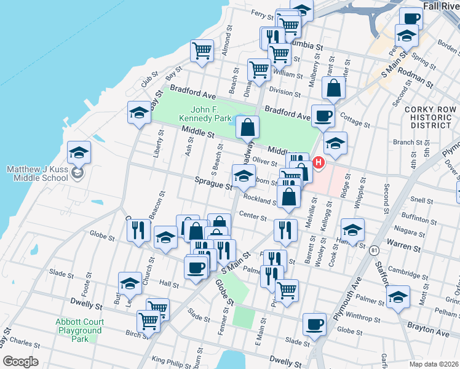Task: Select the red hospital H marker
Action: pos(319,163)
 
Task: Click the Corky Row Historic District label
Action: pos(430,117)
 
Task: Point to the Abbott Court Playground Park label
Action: pos(79,330)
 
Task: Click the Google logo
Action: pos(20,361)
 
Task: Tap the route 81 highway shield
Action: pos(374,250)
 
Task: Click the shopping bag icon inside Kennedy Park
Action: pos(247,128)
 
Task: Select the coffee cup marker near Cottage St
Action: pos(323,115)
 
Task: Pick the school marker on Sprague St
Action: pos(244,176)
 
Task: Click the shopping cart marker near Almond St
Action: pos(202,51)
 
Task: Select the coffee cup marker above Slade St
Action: pos(314,324)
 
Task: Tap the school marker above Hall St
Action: pos(130,282)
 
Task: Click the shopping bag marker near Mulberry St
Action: pos(333,89)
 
